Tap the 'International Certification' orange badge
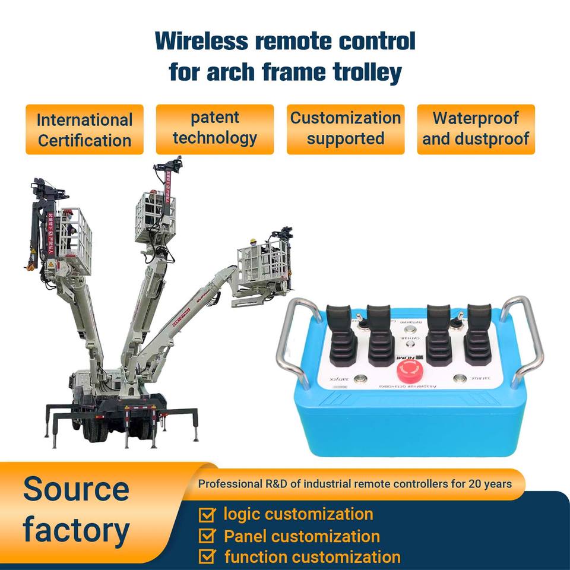pos(84,130)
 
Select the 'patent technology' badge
pos(215,128)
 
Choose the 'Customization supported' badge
pos(346,128)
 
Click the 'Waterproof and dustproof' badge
pos(476,128)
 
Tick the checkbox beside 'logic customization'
pos(207,514)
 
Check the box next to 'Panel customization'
pos(207,536)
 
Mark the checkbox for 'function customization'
pos(207,557)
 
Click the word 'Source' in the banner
pos(76,489)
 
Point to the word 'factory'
pos(76,530)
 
